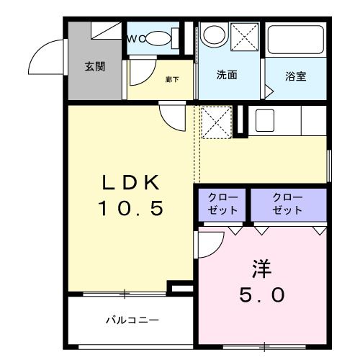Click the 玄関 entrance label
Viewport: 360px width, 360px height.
click(95, 67)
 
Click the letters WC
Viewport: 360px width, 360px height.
click(137, 39)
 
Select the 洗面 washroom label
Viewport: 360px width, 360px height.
click(228, 75)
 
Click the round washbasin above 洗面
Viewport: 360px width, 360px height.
click(213, 34)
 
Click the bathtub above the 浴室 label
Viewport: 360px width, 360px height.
click(296, 44)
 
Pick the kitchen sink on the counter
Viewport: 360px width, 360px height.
click(264, 120)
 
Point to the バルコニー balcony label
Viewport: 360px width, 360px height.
click(132, 319)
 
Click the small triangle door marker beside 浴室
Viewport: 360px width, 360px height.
click(269, 92)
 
